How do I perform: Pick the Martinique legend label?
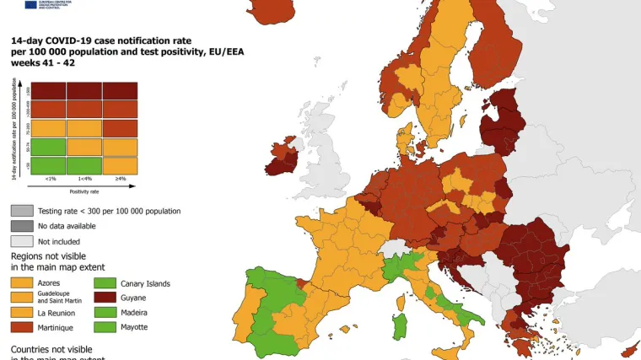pyautogui.click(x=56, y=326)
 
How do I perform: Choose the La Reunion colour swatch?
pyautogui.click(x=21, y=312)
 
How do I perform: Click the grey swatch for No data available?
pyautogui.click(x=21, y=225)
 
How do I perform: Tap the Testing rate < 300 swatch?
pyautogui.click(x=21, y=211)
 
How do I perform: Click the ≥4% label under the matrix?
pyautogui.click(x=121, y=179)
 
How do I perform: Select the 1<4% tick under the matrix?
pyautogui.click(x=84, y=179)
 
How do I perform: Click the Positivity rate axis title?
pyautogui.click(x=84, y=191)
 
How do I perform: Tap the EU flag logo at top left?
pyautogui.click(x=31, y=4)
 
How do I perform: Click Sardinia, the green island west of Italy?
pyautogui.click(x=400, y=326)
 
